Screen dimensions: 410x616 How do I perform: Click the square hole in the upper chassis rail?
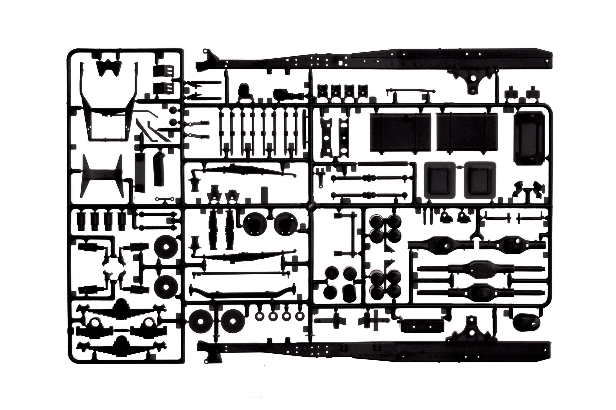[x=340, y=63]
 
